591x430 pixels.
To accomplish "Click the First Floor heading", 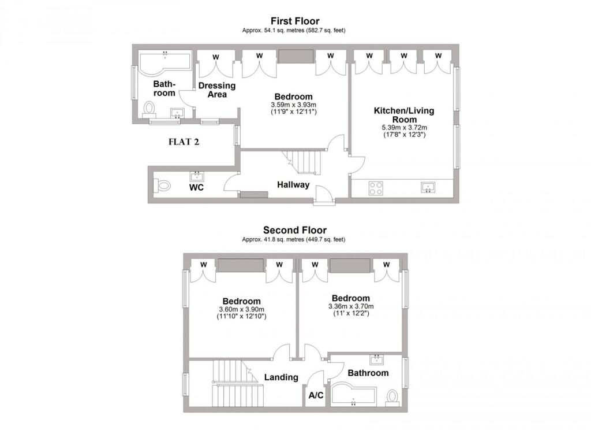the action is (x=295, y=21).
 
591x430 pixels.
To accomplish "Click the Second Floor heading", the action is (x=295, y=230).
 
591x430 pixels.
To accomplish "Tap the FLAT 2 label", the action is (x=184, y=142).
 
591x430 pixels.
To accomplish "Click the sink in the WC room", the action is (x=196, y=176).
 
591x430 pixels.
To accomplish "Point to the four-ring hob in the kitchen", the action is (x=376, y=188).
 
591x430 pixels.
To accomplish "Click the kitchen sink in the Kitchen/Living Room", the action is (x=428, y=187).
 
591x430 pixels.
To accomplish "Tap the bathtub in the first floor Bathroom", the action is (x=165, y=62).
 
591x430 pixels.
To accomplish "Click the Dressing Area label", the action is (x=217, y=90).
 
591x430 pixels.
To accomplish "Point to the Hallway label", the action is (x=293, y=184).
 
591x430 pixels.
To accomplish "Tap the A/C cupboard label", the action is (x=316, y=395).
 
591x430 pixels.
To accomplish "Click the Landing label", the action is (x=281, y=377).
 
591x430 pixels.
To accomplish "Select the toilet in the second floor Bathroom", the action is (x=392, y=398).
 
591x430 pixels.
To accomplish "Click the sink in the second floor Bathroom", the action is (x=376, y=359).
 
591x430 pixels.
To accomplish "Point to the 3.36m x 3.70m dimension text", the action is (x=351, y=306).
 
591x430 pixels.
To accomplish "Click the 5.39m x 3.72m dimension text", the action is (x=405, y=128).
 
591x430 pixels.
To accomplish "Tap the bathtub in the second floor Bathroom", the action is (x=353, y=395).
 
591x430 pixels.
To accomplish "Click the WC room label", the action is (x=196, y=188).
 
